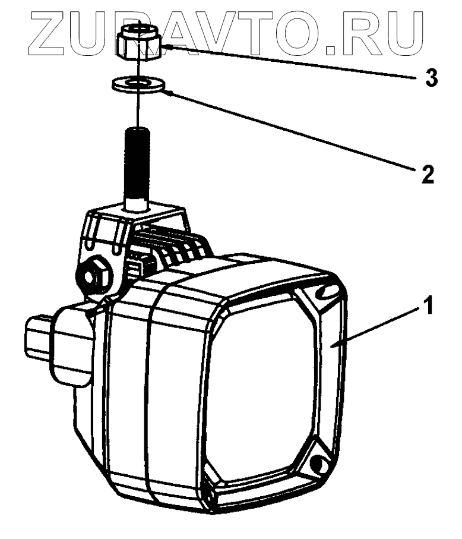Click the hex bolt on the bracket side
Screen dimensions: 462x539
[93, 276]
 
